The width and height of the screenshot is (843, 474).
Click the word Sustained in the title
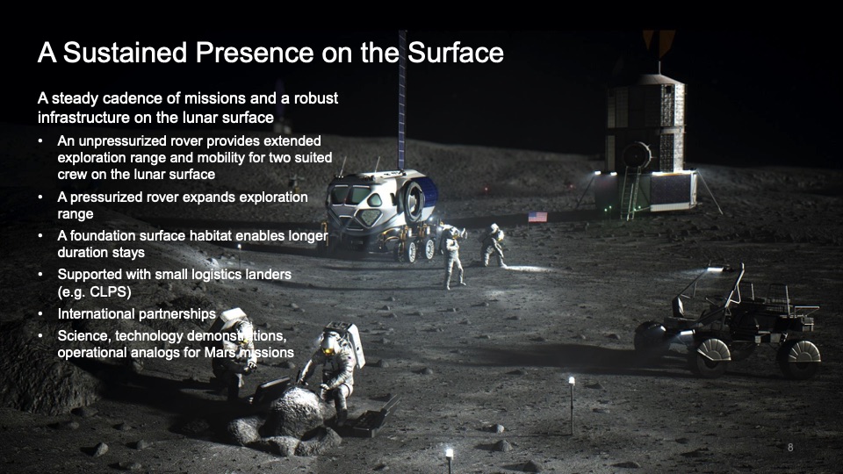click(x=126, y=53)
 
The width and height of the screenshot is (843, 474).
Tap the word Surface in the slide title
click(x=456, y=53)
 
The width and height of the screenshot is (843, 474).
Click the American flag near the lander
click(x=537, y=217)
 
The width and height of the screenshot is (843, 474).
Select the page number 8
click(x=790, y=447)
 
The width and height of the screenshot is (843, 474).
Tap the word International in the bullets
click(x=97, y=314)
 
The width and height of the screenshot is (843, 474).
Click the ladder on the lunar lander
click(x=630, y=192)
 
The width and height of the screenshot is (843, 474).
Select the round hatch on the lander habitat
click(x=637, y=155)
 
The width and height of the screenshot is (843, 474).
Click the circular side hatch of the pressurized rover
click(x=413, y=202)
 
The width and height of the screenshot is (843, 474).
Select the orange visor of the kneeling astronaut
click(x=328, y=350)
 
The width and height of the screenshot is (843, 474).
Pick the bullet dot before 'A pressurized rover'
click(x=40, y=197)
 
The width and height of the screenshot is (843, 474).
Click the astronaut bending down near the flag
click(x=493, y=245)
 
